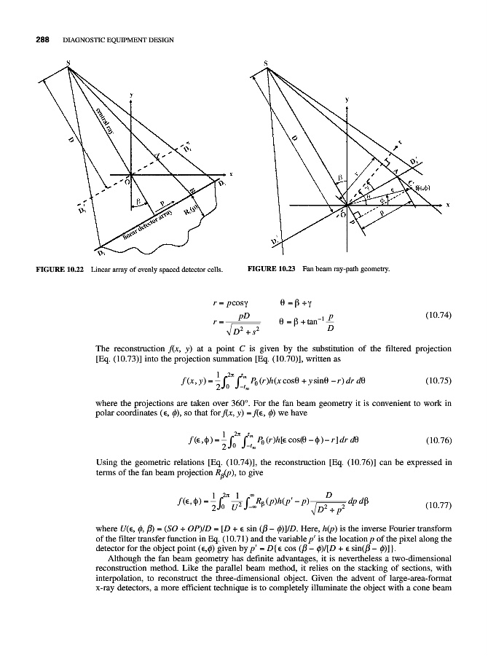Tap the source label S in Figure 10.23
coord(267,64)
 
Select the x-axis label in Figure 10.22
coord(230,174)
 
